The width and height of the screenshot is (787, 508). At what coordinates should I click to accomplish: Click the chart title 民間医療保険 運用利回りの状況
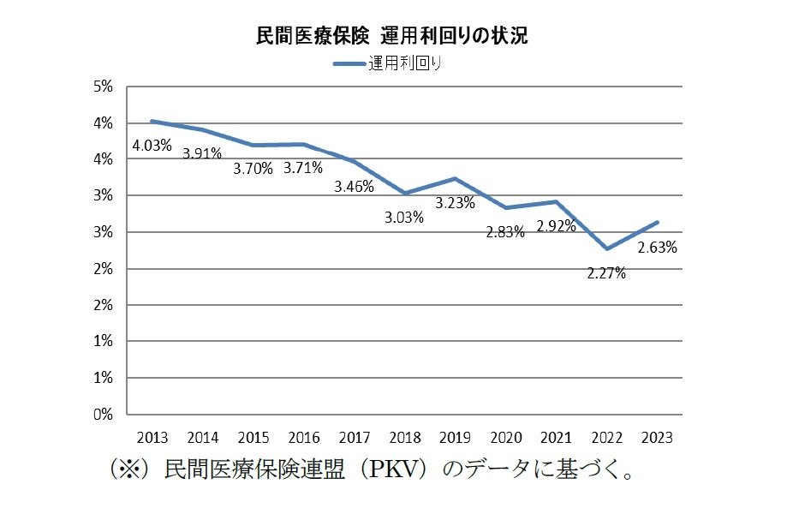(392, 35)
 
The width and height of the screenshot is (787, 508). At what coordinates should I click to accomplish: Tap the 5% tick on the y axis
(103, 87)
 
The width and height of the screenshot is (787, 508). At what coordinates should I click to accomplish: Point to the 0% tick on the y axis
(103, 414)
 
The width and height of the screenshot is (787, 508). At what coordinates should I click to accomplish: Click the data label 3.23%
(456, 204)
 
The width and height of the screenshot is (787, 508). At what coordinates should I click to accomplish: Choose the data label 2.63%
(658, 248)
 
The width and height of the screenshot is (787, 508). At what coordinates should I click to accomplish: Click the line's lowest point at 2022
(606, 249)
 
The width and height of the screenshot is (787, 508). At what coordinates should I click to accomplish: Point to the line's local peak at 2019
(455, 178)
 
